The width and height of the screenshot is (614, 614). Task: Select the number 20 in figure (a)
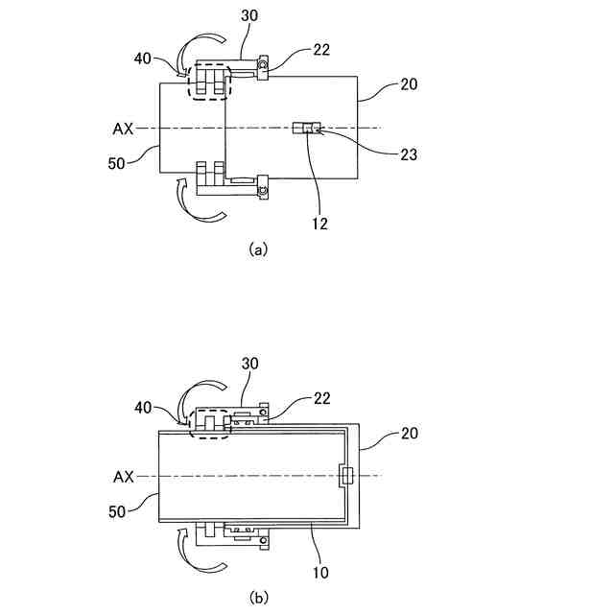[408, 85]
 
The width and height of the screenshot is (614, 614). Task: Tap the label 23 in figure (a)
[407, 153]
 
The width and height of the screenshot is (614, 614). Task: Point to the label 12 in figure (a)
[319, 223]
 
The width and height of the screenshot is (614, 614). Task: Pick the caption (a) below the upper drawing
[257, 248]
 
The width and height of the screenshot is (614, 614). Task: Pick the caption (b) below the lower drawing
[257, 596]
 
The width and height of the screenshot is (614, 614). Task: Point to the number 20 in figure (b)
[408, 434]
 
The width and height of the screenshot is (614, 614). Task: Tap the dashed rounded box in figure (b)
[210, 422]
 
